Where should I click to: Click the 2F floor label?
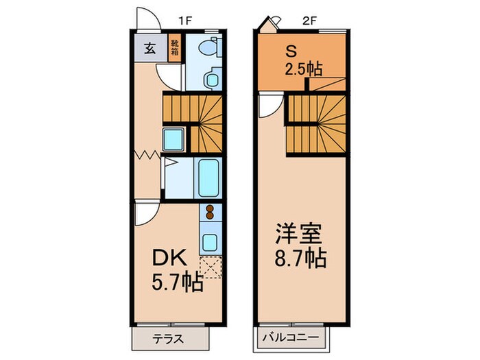(x=309, y=21)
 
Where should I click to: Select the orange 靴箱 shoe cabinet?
(x=175, y=49)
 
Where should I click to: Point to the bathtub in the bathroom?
(x=207, y=177)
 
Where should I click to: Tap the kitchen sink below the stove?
(x=210, y=242)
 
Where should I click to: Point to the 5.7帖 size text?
(x=177, y=282)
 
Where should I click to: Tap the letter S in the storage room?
(x=291, y=51)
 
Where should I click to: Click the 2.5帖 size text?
(x=304, y=69)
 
